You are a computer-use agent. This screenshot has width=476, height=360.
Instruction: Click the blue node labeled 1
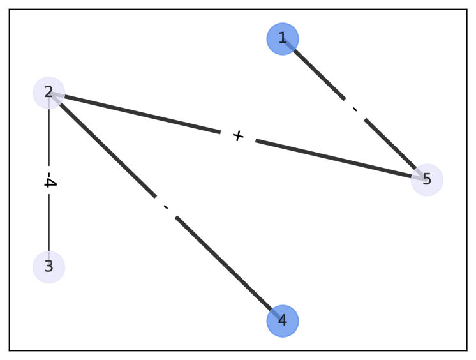point(283,39)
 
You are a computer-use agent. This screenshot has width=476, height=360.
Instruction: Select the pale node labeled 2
point(49,93)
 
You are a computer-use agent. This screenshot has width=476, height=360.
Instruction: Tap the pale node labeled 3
point(49,267)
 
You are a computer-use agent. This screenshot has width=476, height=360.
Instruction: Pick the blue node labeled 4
point(283,320)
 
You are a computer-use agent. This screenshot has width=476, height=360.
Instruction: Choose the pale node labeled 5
point(427,180)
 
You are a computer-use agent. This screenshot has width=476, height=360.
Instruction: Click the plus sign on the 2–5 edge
point(238,136)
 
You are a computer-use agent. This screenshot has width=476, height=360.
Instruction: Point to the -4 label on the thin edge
point(49,182)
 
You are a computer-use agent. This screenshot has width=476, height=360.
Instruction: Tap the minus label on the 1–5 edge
point(355,110)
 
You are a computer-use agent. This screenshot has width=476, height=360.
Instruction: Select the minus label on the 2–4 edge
point(166,207)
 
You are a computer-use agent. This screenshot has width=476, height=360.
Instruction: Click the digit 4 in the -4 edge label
point(49,184)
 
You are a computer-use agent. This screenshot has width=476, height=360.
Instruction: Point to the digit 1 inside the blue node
point(283,39)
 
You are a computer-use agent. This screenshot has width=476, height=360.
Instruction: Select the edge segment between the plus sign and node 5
point(332,158)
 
